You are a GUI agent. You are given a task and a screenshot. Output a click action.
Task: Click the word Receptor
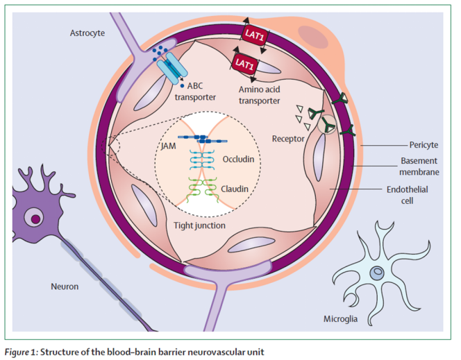point(290,139)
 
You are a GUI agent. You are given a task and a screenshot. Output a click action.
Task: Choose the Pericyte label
point(425,146)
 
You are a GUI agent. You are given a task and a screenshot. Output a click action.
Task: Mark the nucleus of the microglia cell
point(377,273)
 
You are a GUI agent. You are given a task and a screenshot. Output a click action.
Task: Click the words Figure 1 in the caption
point(23,351)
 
